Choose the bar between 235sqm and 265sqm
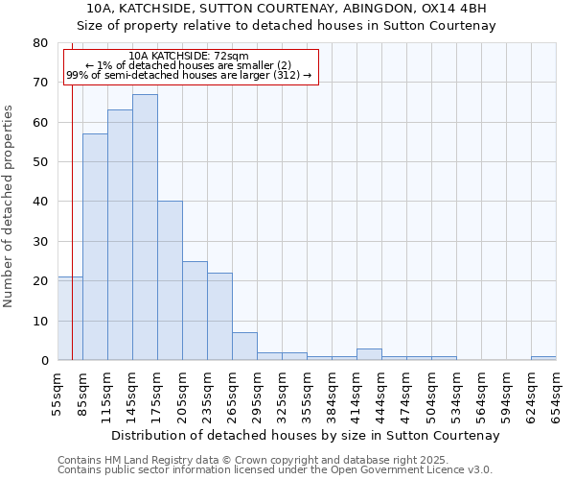pyautogui.click(x=219, y=316)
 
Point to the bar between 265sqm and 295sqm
pyautogui.click(x=244, y=347)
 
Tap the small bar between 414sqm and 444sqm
pyautogui.click(x=369, y=354)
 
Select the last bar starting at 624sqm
pyautogui.click(x=543, y=358)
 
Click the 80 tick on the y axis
pyautogui.click(x=39, y=43)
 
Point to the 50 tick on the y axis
pyautogui.click(x=39, y=162)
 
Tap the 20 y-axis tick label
pyautogui.click(x=39, y=281)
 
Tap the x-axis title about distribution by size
pyautogui.click(x=306, y=436)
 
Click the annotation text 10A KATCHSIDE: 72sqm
pyautogui.click(x=189, y=56)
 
